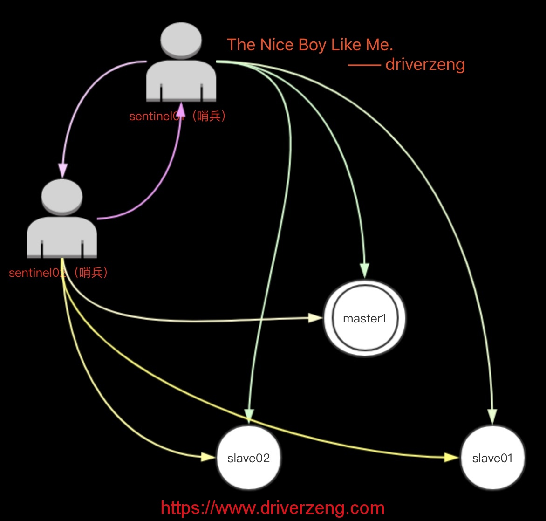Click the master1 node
364,319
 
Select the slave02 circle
248,458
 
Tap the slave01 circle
492,458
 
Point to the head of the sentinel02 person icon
62,196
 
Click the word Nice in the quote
276,45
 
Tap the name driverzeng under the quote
425,64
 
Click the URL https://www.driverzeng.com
273,507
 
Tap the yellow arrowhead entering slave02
208,457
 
